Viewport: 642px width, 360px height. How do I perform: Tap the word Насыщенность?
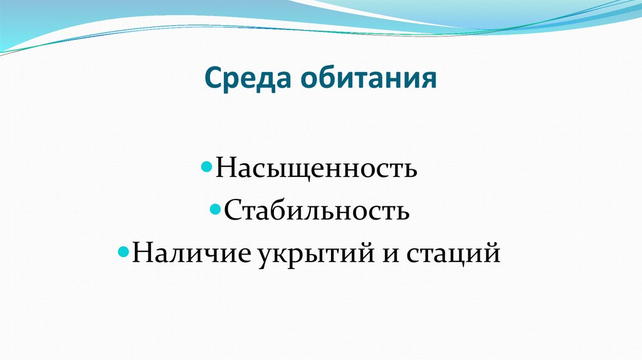(x=317, y=169)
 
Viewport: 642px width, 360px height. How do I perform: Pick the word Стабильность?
(x=317, y=211)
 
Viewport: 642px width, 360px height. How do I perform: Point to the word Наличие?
(x=189, y=254)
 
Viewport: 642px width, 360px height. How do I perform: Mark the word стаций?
(x=453, y=254)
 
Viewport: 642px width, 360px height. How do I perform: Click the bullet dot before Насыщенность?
(x=210, y=169)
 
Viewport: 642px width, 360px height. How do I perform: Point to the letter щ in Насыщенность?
(x=295, y=171)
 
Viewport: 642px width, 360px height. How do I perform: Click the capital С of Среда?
(x=214, y=80)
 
